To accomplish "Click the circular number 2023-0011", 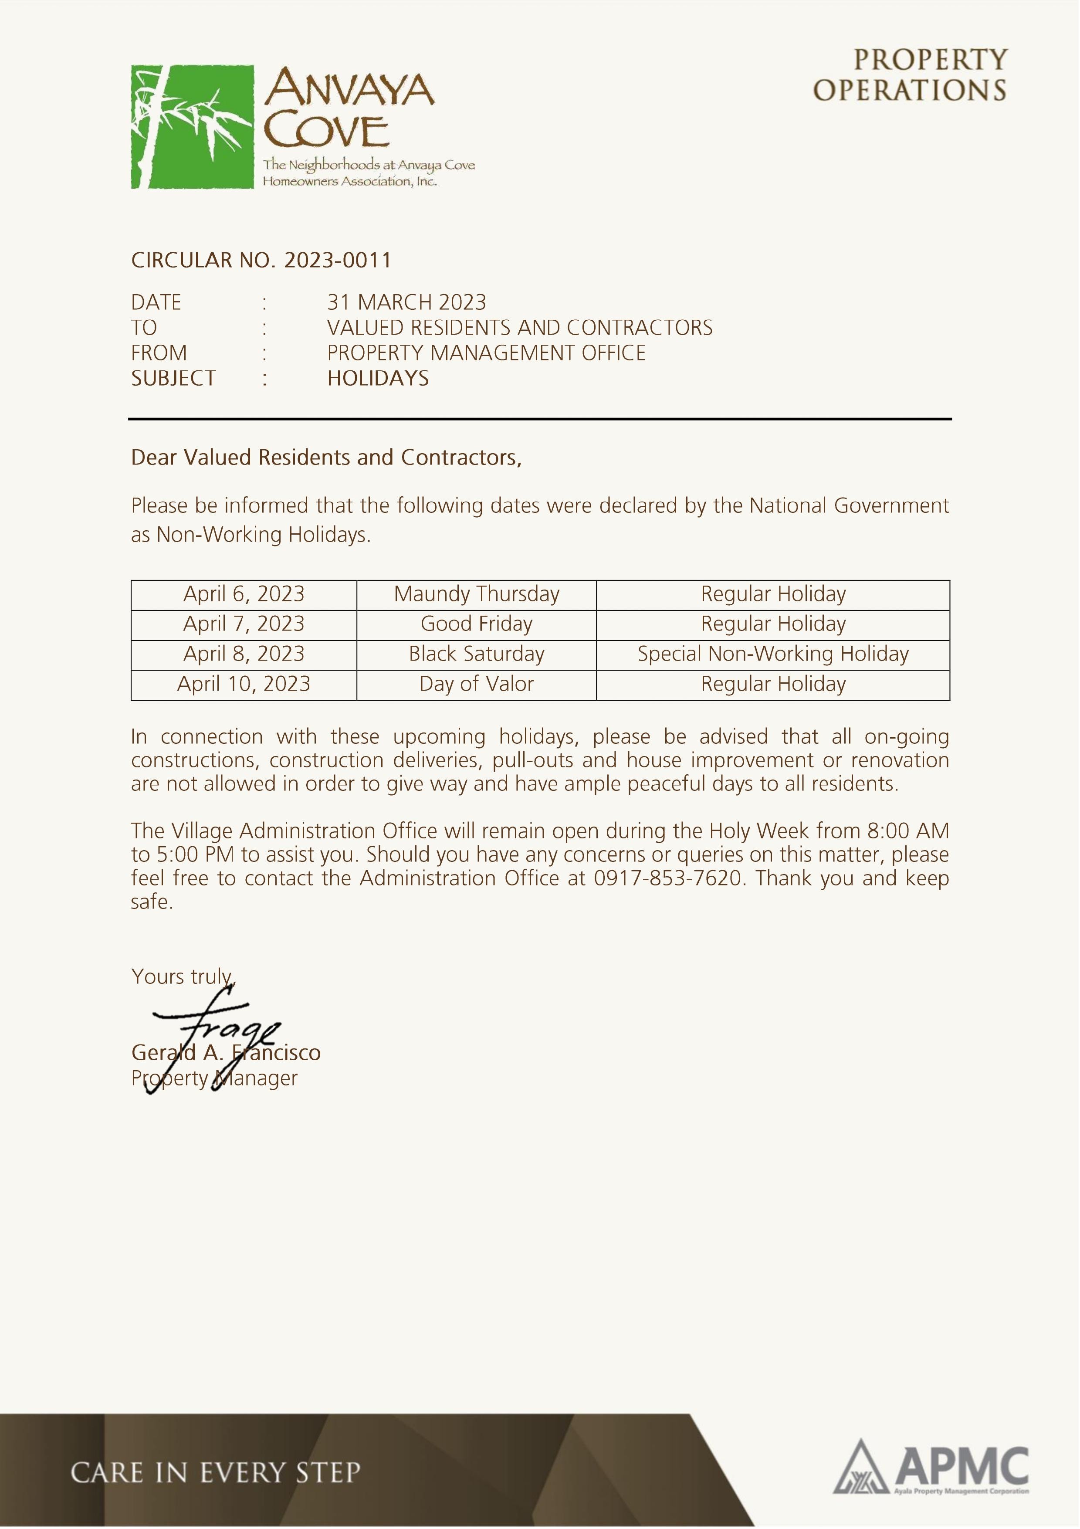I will click(x=338, y=261).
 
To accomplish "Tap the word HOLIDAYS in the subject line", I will click(x=378, y=378).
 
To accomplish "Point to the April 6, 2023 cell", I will click(x=244, y=594).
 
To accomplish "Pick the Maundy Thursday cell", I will click(x=476, y=594).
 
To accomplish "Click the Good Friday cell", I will click(x=476, y=624).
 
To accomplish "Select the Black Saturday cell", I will click(x=476, y=654).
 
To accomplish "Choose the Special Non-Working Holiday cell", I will click(x=772, y=654).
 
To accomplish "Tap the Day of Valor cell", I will click(x=476, y=684).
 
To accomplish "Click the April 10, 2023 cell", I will click(x=244, y=684).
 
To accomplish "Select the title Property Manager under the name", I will click(x=214, y=1078).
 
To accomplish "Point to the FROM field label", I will click(x=159, y=353).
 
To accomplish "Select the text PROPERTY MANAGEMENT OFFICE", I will click(x=486, y=353).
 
